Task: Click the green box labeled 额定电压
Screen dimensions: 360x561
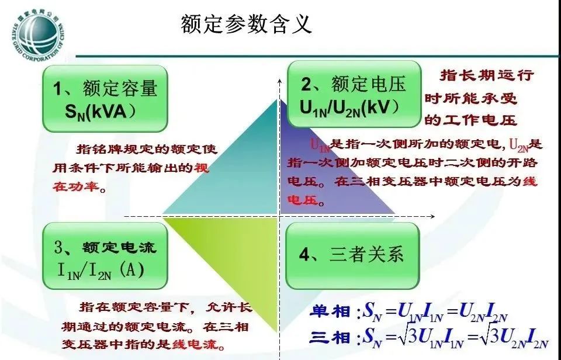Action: pyautogui.click(x=353, y=94)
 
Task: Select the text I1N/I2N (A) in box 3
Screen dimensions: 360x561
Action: pyautogui.click(x=100, y=270)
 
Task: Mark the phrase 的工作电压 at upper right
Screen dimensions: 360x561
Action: pyautogui.click(x=471, y=121)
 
